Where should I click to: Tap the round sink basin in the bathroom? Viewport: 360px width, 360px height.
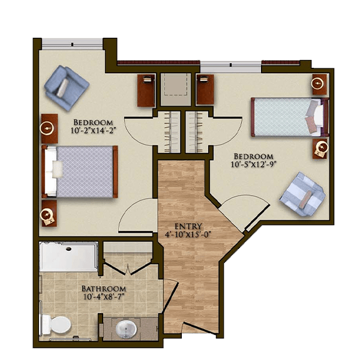click(x=125, y=328)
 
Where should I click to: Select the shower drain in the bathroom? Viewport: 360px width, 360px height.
click(x=68, y=248)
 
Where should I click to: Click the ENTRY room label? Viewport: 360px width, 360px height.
click(x=188, y=227)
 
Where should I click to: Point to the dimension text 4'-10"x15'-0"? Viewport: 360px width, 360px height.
click(x=188, y=235)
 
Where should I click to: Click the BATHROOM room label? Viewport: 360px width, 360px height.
click(x=104, y=289)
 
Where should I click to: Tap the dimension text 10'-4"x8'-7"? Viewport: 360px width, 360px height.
click(x=104, y=296)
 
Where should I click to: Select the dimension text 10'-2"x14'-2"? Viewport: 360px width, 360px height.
click(x=92, y=130)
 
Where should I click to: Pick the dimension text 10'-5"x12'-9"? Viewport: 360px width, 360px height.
click(x=253, y=164)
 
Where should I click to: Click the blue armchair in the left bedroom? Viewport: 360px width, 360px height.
click(x=67, y=88)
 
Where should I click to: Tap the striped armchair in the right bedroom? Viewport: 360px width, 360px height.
click(x=302, y=194)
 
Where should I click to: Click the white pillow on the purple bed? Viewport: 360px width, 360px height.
click(x=57, y=169)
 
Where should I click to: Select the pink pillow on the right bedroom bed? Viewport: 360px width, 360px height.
click(x=311, y=125)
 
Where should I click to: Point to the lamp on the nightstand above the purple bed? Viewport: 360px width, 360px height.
click(x=47, y=128)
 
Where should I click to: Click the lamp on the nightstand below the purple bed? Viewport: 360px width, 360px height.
click(x=46, y=215)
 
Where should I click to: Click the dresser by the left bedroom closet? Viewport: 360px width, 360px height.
click(x=146, y=91)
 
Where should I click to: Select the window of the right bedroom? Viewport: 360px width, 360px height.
click(x=231, y=67)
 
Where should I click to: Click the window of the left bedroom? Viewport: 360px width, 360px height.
click(x=72, y=44)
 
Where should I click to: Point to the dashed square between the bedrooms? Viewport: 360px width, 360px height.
click(x=176, y=84)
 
